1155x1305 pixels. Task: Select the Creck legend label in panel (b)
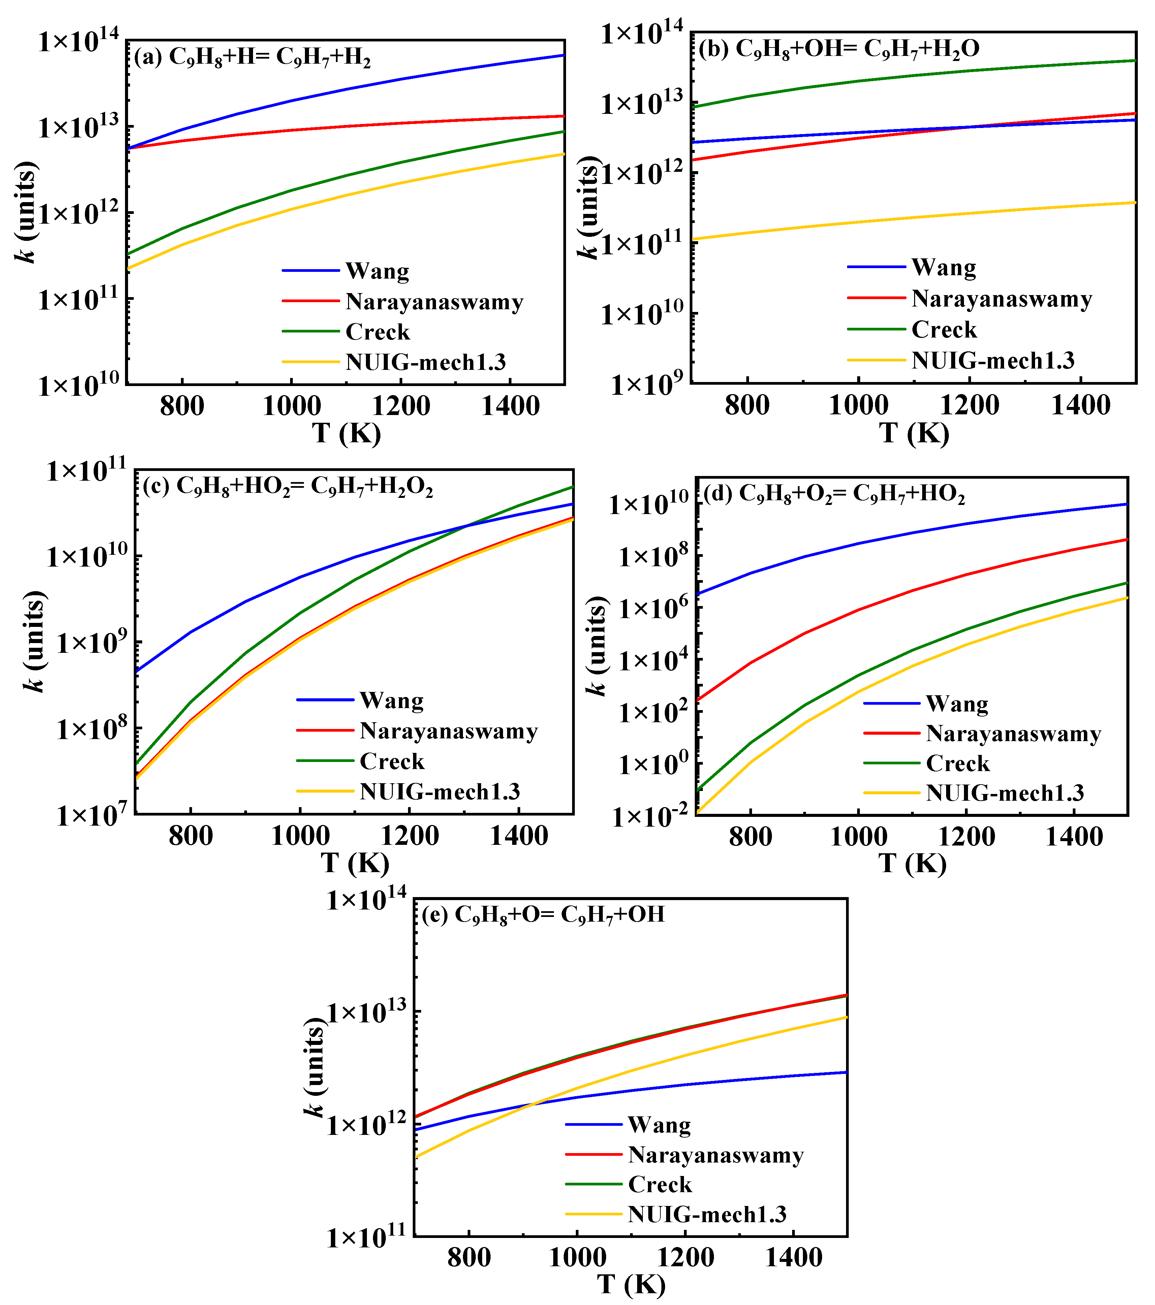point(944,329)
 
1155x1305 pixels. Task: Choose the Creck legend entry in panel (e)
point(660,1184)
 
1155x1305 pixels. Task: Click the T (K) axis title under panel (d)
point(912,863)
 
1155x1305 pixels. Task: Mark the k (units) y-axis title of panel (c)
point(33,642)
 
